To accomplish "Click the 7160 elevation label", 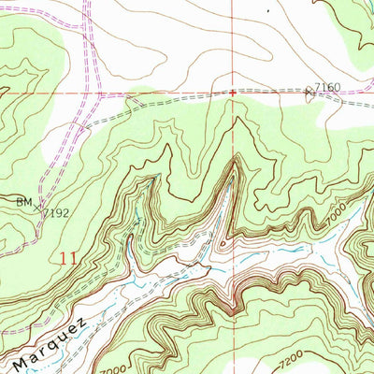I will coord(328,87).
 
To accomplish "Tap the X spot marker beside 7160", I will coord(309,91).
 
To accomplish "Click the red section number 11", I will coord(64,255).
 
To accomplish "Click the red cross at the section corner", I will coord(233,93).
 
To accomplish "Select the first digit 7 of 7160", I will coord(318,87).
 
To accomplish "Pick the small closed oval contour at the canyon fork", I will coord(223,245).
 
